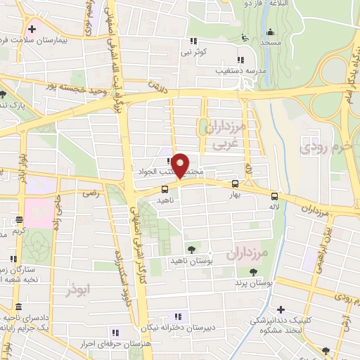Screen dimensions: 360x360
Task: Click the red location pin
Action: click(x=181, y=165)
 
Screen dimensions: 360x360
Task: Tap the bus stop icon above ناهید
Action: click(x=165, y=188)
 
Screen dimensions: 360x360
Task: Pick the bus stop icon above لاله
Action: click(x=274, y=197)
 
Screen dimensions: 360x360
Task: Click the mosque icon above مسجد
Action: click(x=270, y=32)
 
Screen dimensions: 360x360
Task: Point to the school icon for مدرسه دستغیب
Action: click(x=240, y=60)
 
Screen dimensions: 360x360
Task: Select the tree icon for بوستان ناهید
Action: click(x=191, y=250)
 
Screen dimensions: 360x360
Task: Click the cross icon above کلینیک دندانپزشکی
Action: click(x=281, y=309)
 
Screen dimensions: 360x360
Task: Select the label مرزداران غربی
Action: click(x=224, y=134)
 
